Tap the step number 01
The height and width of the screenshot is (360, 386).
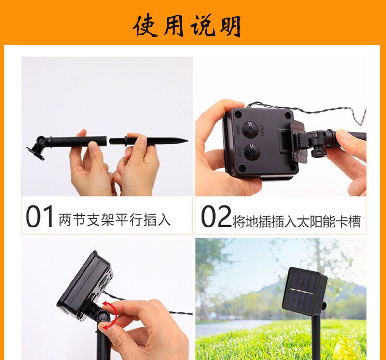(40, 217)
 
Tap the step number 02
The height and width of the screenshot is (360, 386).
(216, 217)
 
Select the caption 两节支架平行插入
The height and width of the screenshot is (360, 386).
(114, 220)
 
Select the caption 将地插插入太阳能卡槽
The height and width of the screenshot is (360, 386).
(296, 221)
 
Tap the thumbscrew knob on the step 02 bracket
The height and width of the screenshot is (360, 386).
(318, 152)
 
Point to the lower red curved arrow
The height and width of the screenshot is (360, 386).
(108, 326)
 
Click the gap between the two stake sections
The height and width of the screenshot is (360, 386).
(108, 141)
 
